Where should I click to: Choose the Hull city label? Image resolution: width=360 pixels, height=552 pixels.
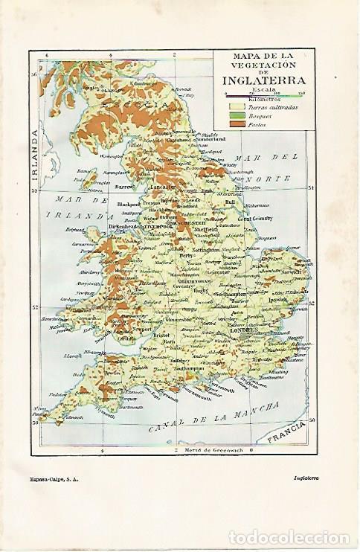232,202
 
